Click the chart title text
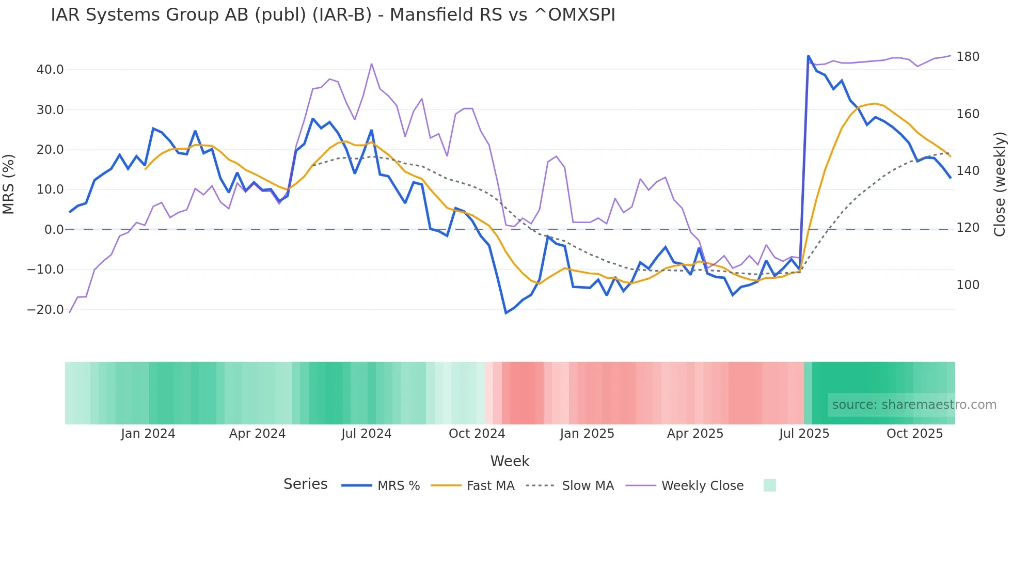pyautogui.click(x=333, y=15)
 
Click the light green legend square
pyautogui.click(x=769, y=485)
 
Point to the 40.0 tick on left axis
pyautogui.click(x=50, y=70)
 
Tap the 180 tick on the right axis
pyautogui.click(x=968, y=57)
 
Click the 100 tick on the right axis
pyautogui.click(x=968, y=285)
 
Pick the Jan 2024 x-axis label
pyautogui.click(x=148, y=434)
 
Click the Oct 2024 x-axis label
pyautogui.click(x=477, y=434)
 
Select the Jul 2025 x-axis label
pyautogui.click(x=804, y=434)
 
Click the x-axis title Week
pyautogui.click(x=510, y=461)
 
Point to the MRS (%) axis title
pyautogui.click(x=9, y=184)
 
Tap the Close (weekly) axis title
pyautogui.click(x=1000, y=184)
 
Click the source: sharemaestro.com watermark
pyautogui.click(x=914, y=405)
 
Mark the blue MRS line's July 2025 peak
pyautogui.click(x=808, y=56)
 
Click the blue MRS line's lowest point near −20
pyautogui.click(x=506, y=313)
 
